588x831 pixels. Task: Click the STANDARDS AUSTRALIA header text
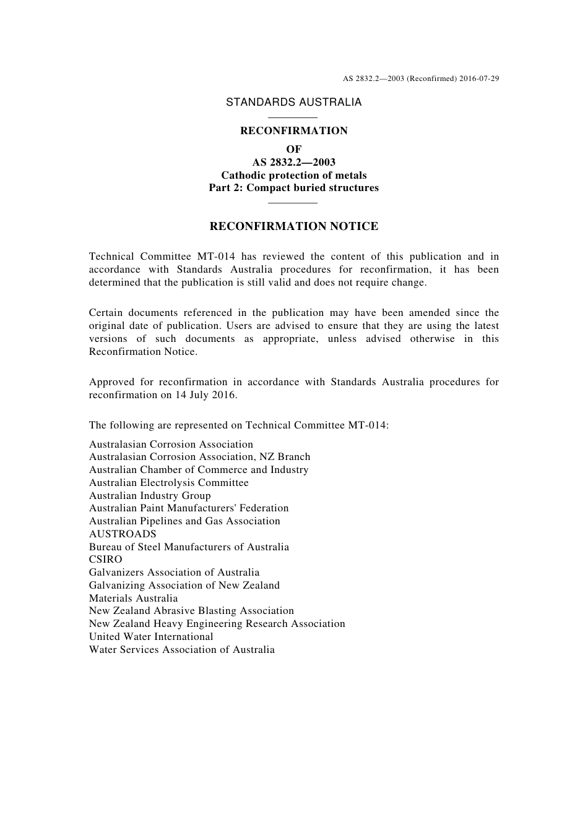[x=293, y=103]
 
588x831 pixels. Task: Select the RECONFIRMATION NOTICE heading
[x=293, y=226]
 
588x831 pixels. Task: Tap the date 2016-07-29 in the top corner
[x=479, y=79]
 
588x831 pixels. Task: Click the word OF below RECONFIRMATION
[x=293, y=149]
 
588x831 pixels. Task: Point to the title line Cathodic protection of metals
[x=293, y=175]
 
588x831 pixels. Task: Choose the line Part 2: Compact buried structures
[x=293, y=188]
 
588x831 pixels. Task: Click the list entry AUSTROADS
[x=123, y=534]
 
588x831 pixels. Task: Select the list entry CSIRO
[x=106, y=560]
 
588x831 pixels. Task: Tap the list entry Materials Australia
[x=133, y=599]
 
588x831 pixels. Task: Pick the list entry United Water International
[x=151, y=637]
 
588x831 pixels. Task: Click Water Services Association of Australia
[x=181, y=650]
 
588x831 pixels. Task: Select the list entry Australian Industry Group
[x=150, y=496]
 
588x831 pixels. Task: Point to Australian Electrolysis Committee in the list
[x=168, y=483]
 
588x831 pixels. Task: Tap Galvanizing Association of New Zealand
[x=184, y=586]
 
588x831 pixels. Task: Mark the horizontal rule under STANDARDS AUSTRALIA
[x=293, y=117]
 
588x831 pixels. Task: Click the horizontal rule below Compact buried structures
[x=293, y=202]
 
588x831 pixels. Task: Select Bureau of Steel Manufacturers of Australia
[x=189, y=547]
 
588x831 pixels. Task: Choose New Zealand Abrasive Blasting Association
[x=191, y=611]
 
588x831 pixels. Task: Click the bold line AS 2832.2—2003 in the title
[x=293, y=162]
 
